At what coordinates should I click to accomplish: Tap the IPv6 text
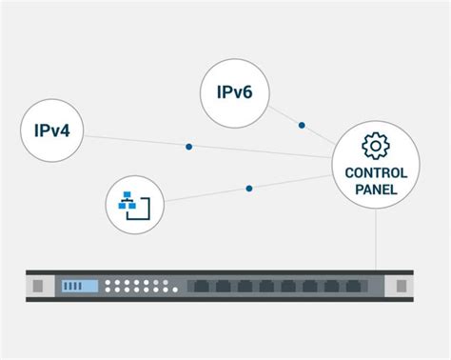pos(234,93)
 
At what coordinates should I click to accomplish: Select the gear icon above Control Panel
pos(376,146)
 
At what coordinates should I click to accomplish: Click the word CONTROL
pos(376,173)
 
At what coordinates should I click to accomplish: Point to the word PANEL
pos(376,190)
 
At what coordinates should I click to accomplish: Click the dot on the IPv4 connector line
pos(189,147)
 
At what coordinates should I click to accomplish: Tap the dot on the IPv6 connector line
pos(302,125)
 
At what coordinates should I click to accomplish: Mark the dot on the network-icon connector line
pos(249,189)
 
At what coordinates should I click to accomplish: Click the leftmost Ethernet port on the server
pos(201,286)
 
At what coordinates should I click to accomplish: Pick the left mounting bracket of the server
pos(39,286)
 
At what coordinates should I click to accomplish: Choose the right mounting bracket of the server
pos(403,286)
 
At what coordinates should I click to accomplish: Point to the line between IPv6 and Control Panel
pos(285,115)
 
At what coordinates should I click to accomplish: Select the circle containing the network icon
pos(135,203)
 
